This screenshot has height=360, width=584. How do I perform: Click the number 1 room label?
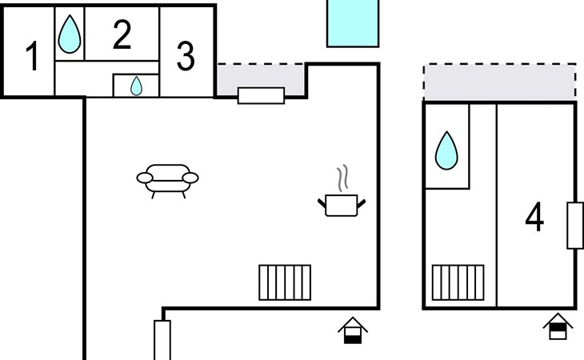(x=32, y=58)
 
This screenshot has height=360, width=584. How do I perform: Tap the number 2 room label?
(x=122, y=36)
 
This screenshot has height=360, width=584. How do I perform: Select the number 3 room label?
(x=185, y=56)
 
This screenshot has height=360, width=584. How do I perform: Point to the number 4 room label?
(x=534, y=218)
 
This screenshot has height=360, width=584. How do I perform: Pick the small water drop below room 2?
(x=136, y=85)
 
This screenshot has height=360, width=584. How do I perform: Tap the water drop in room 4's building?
(x=446, y=150)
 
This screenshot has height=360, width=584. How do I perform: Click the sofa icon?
(x=167, y=179)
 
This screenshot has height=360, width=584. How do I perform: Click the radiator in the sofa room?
(x=285, y=282)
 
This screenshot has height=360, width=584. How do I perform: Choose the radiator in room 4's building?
(x=458, y=282)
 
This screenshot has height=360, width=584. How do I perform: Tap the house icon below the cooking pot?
(x=353, y=330)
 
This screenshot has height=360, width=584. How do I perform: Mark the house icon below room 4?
(x=558, y=326)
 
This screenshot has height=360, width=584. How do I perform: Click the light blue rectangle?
(x=352, y=22)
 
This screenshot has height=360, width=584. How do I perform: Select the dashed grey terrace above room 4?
(x=499, y=82)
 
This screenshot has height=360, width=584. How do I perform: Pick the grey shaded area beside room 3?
(x=261, y=77)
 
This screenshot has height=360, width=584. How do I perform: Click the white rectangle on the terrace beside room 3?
(x=261, y=95)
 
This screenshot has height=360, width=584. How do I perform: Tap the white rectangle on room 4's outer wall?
(x=574, y=226)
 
